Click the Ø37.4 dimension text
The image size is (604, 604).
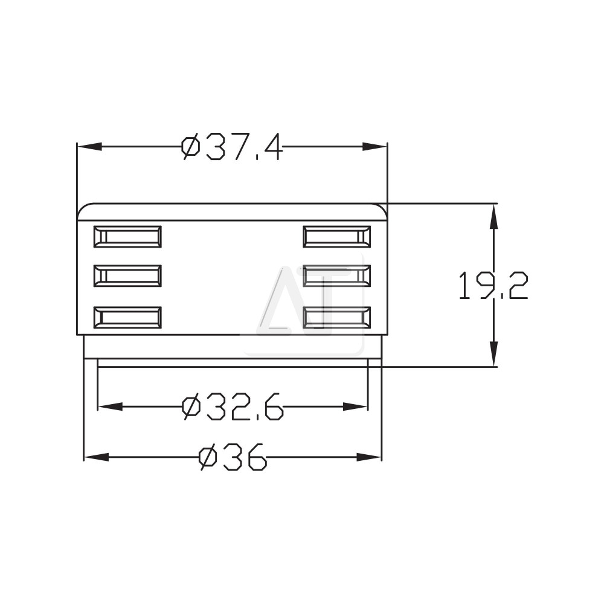(233, 147)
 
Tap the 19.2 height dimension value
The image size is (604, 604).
(493, 286)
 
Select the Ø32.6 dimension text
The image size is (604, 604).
(233, 406)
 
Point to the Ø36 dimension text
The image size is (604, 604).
(233, 457)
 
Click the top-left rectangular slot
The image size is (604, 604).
(127, 237)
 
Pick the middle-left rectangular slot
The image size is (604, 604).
(127, 276)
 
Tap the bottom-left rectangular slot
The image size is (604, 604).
(127, 318)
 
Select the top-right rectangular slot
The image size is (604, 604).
(337, 237)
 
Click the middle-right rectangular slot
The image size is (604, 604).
(337, 276)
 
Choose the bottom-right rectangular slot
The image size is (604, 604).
(337, 318)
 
